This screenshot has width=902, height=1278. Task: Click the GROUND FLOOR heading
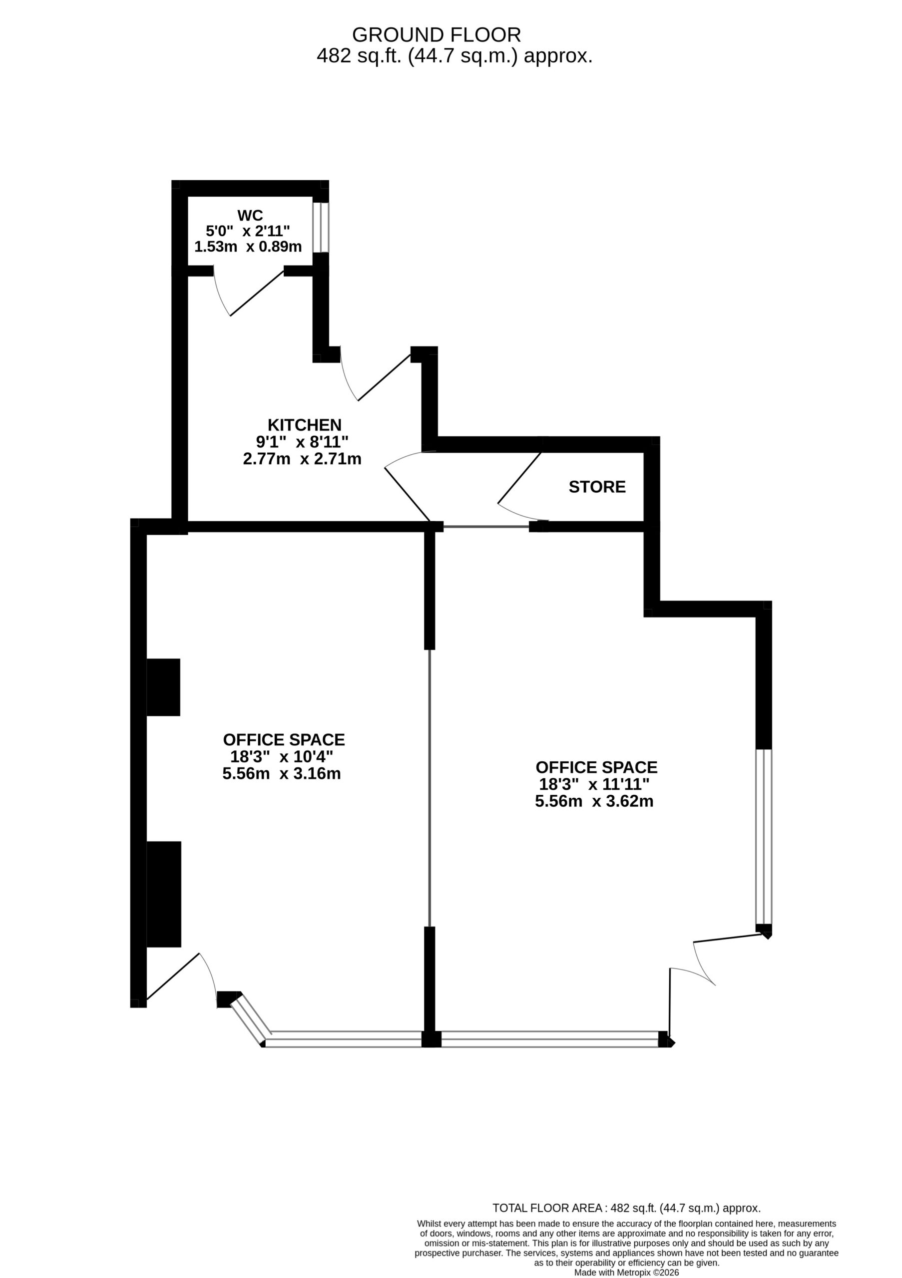click(437, 34)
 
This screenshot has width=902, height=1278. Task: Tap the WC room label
click(250, 215)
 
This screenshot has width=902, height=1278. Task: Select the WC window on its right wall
click(321, 227)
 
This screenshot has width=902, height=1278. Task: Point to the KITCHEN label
click(305, 425)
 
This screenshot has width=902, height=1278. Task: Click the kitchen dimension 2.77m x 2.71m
click(302, 459)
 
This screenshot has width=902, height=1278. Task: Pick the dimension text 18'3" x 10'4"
click(282, 756)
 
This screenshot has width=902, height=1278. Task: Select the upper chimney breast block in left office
click(163, 687)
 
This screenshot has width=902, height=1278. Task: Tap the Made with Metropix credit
click(626, 1273)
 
